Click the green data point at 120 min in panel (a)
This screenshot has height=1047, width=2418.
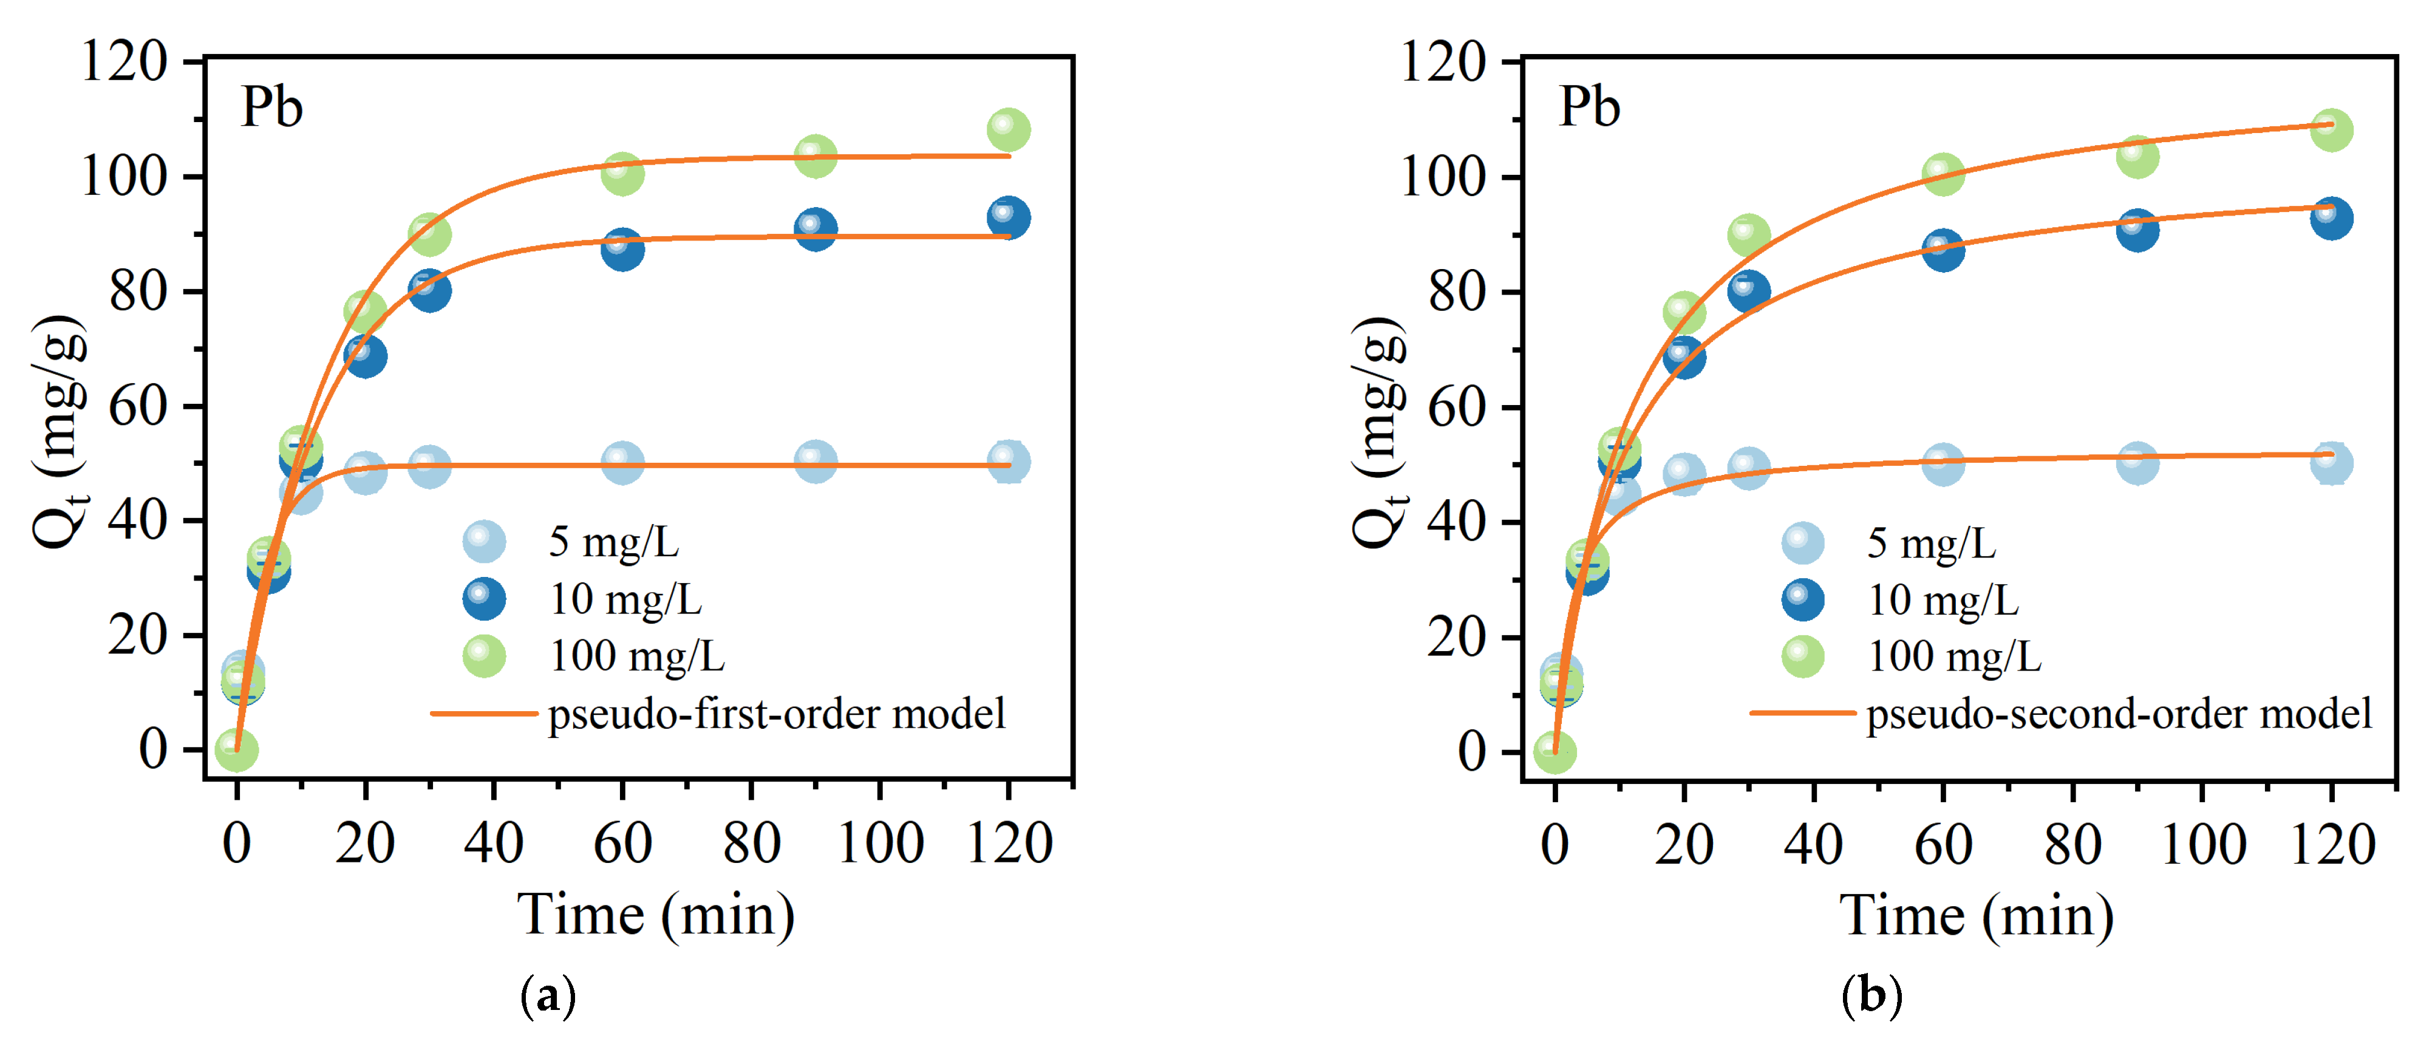1008,129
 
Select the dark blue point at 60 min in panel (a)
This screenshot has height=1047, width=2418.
622,249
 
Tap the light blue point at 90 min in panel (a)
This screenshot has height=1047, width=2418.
815,461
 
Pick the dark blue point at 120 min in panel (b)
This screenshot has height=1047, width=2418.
2331,218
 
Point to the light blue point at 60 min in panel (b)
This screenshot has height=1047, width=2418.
1942,464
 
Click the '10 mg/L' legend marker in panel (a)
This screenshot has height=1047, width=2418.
485,598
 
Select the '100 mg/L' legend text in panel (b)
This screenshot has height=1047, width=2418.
1954,657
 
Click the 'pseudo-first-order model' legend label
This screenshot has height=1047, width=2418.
776,714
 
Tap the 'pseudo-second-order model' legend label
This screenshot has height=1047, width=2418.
2119,714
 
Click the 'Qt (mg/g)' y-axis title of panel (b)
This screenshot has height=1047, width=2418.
1379,432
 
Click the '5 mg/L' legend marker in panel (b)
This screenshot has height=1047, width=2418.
1802,543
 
